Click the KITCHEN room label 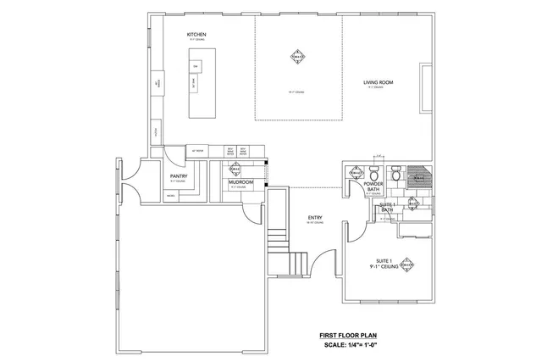(x=196, y=34)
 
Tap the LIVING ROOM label (x=378, y=82)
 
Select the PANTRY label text (x=178, y=176)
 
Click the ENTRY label (x=314, y=218)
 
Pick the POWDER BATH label (x=373, y=187)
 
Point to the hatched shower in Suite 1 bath (x=418, y=176)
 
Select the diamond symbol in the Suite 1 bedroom (x=408, y=264)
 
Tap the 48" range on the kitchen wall (x=158, y=81)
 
